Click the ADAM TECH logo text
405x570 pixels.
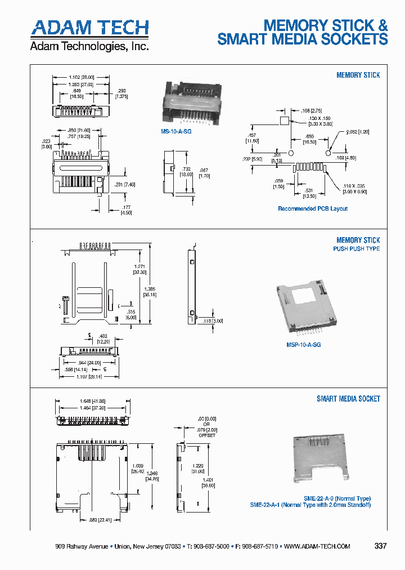(x=89, y=28)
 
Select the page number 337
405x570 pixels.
(x=381, y=546)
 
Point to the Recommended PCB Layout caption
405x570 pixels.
(x=313, y=209)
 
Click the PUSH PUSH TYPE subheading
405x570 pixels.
(x=356, y=249)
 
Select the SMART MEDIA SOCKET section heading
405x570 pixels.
(x=348, y=399)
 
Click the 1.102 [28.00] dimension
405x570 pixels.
(x=81, y=77)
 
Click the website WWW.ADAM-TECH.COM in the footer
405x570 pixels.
(x=317, y=547)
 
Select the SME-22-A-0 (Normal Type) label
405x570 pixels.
(x=337, y=498)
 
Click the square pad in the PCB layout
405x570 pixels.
(x=284, y=121)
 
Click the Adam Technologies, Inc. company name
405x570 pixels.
(x=89, y=46)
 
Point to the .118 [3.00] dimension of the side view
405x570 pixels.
(x=214, y=320)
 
